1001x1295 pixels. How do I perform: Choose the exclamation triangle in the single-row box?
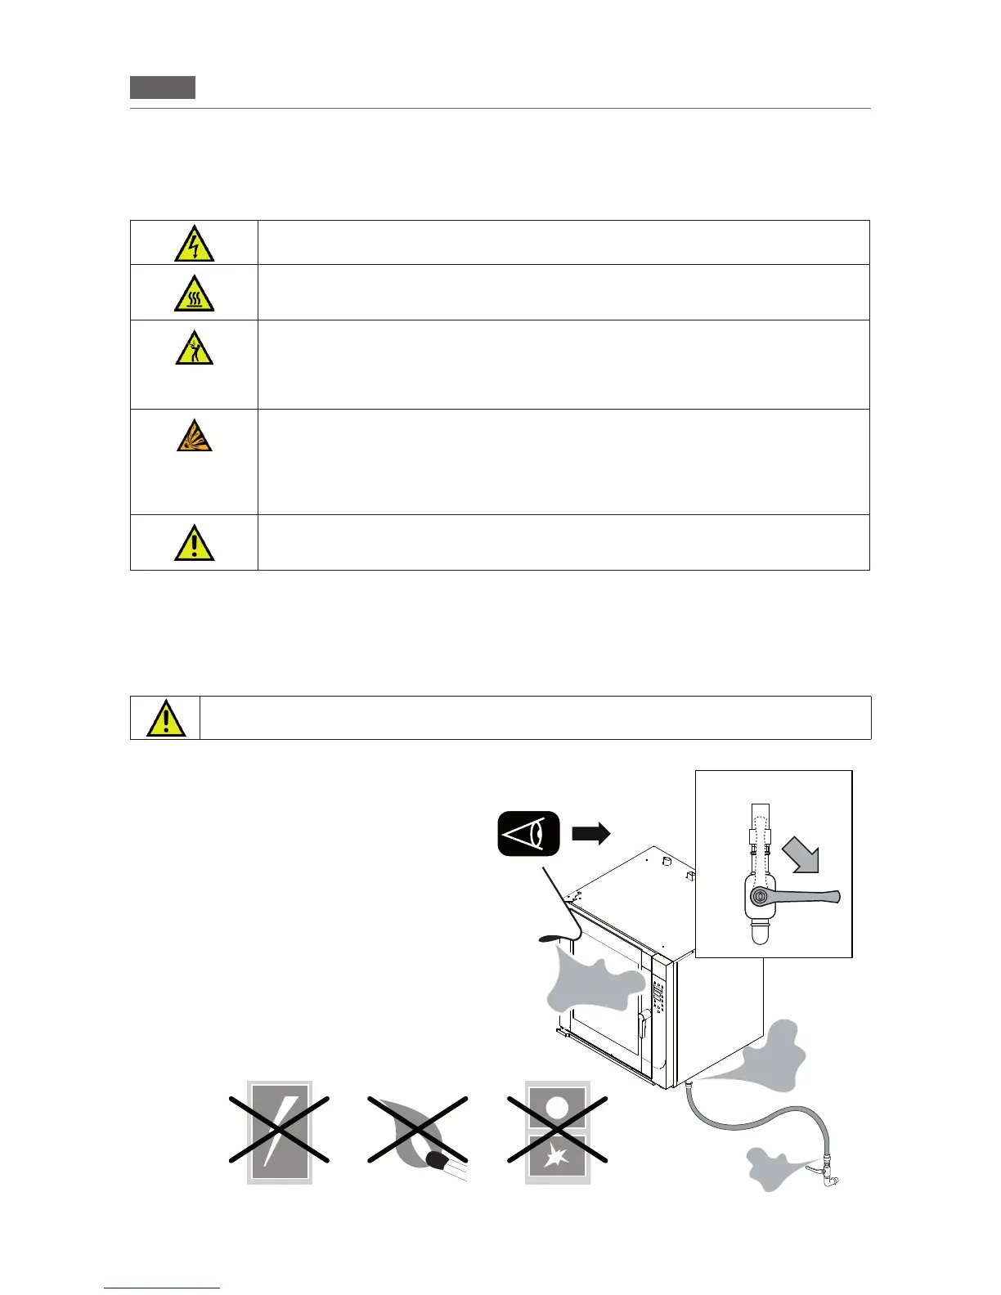(166, 719)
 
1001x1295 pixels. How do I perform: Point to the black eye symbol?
(528, 834)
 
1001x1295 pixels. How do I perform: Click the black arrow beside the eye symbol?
(591, 834)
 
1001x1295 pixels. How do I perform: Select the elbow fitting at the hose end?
(830, 1176)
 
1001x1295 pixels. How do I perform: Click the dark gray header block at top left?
(163, 87)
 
